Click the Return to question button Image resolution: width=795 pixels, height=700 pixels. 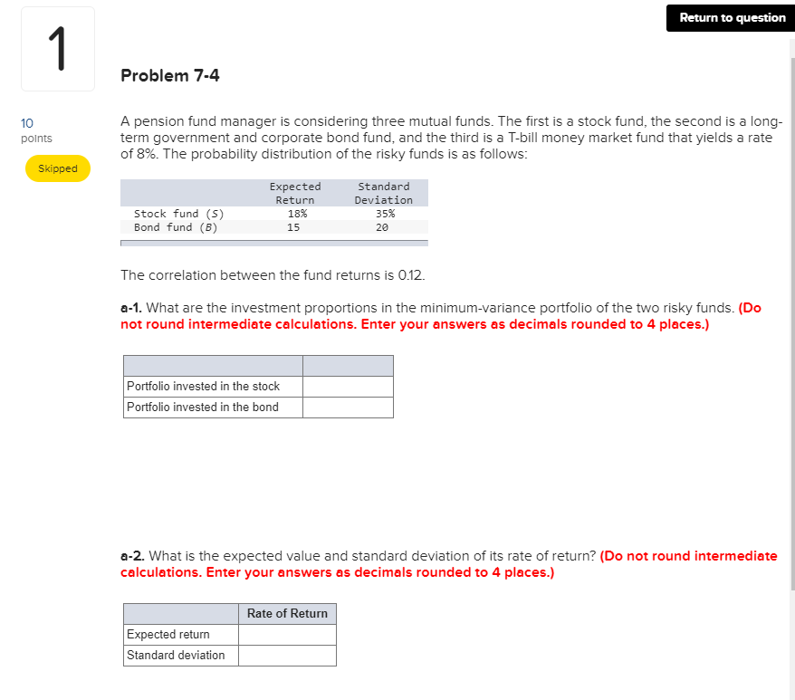733,18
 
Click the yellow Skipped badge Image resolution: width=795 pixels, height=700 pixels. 58,168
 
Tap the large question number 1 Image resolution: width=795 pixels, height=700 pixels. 58,50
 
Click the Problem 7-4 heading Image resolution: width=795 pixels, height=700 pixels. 170,75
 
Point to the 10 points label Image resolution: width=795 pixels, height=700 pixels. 35,130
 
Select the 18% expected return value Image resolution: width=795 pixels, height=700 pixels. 295,214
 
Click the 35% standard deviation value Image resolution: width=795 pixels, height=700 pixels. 384,214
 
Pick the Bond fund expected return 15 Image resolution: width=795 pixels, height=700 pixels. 293,227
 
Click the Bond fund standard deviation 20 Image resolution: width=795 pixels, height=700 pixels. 382,227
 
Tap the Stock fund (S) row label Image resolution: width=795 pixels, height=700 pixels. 179,214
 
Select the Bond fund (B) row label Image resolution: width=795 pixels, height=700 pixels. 176,227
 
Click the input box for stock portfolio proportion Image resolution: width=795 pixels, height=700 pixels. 348,387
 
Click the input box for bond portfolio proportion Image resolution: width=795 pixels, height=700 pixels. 348,408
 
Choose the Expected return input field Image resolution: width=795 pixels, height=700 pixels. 287,635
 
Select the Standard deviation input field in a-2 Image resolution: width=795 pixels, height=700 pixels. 287,656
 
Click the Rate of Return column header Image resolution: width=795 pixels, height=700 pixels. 287,614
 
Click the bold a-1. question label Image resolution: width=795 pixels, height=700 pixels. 132,308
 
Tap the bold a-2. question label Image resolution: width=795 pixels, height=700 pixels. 132,556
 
